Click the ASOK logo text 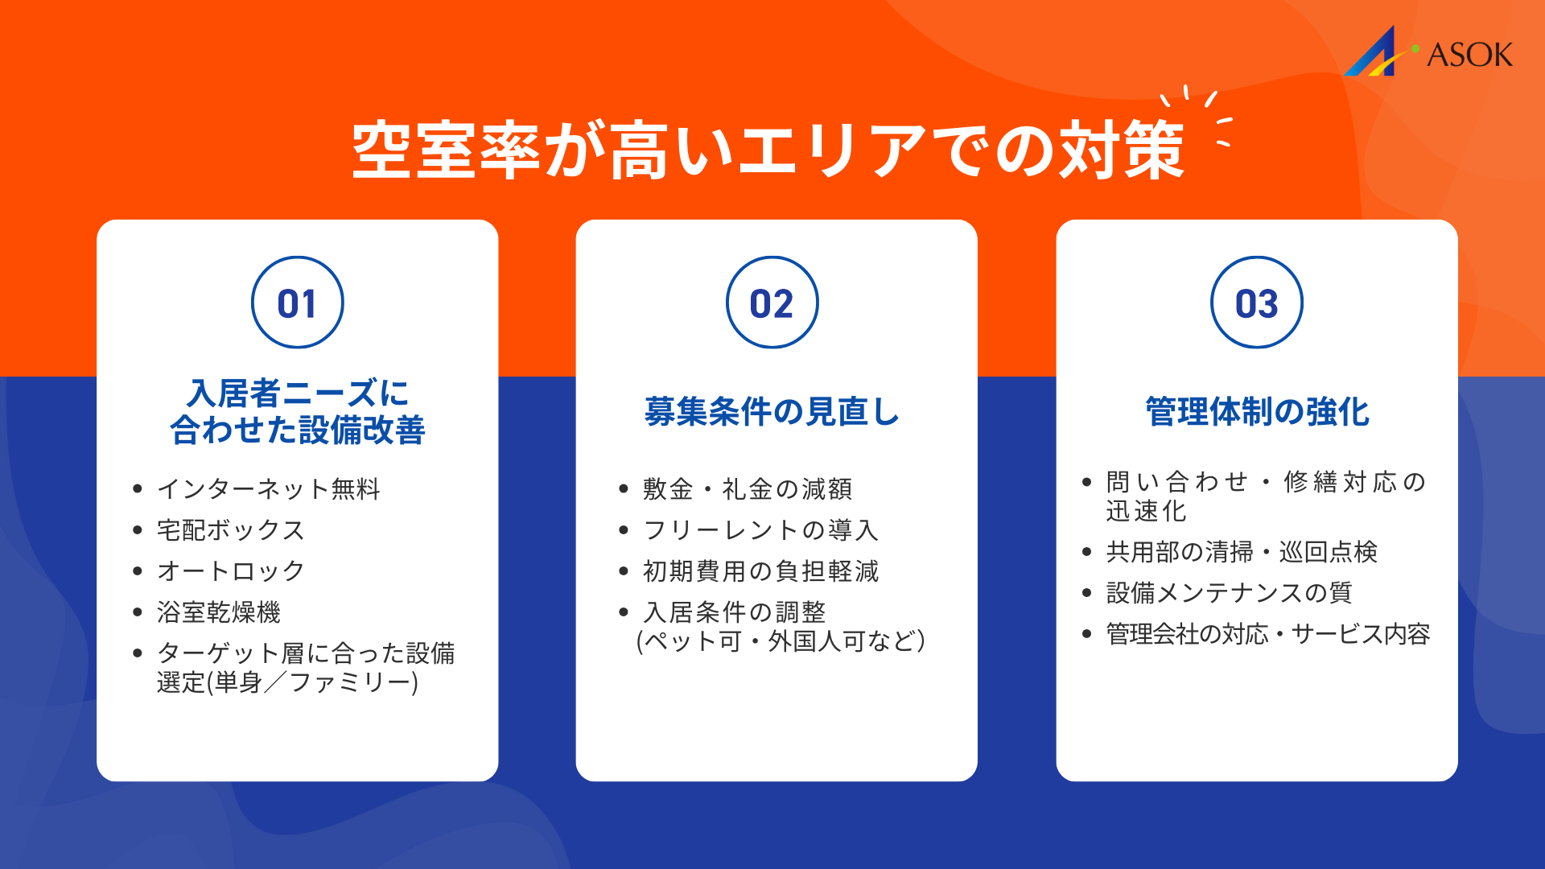point(1469,55)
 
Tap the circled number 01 point(298,303)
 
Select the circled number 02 point(772,303)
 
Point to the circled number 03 point(1256,303)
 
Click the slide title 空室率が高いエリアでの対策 point(768,150)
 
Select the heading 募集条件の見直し point(772,411)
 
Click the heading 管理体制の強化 point(1257,411)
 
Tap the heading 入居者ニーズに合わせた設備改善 point(298,411)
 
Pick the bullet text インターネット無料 point(268,488)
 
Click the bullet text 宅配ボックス point(231,529)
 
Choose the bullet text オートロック point(231,570)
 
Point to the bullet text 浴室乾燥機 point(219,612)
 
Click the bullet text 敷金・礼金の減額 point(748,488)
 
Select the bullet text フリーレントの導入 point(760,529)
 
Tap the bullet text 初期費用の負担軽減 point(760,570)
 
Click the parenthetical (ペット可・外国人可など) point(781,641)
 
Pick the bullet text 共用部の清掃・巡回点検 point(1242,551)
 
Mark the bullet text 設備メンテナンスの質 point(1229,592)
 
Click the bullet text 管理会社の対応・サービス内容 point(1268,634)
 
